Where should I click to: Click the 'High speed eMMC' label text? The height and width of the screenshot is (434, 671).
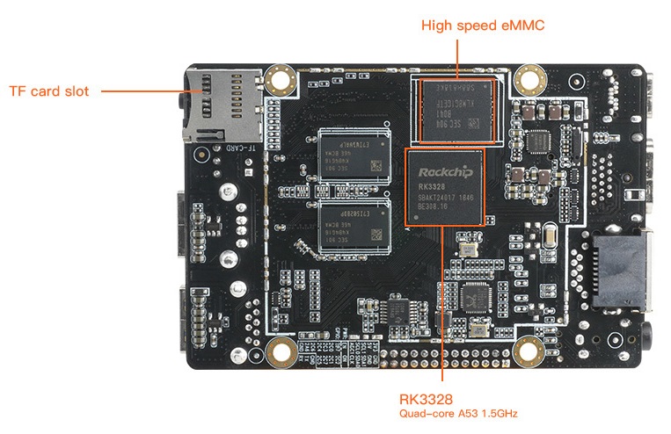point(484,25)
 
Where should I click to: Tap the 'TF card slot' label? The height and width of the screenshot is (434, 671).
point(49,90)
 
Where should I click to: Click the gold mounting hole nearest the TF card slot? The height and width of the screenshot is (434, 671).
point(282,82)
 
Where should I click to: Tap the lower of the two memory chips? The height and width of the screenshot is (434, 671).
point(352,227)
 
